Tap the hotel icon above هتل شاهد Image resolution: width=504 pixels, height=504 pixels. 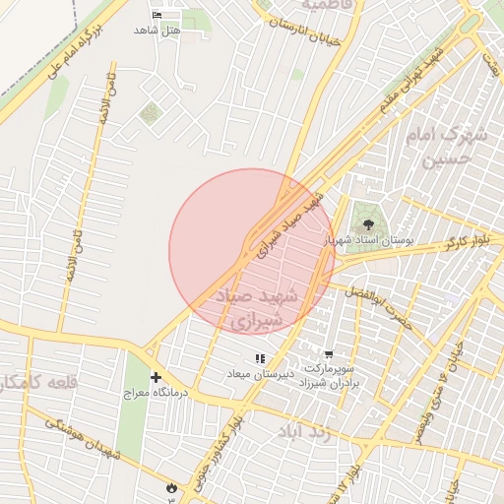pos(159,16)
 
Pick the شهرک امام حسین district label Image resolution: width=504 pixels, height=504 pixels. pos(453,148)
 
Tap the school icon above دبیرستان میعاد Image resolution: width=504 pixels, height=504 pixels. pos(260,359)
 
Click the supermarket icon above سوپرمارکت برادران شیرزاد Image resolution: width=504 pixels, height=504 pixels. pos(329,353)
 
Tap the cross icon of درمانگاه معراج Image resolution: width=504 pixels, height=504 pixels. pos(156,377)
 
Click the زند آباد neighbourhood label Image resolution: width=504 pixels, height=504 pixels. pos(301,431)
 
